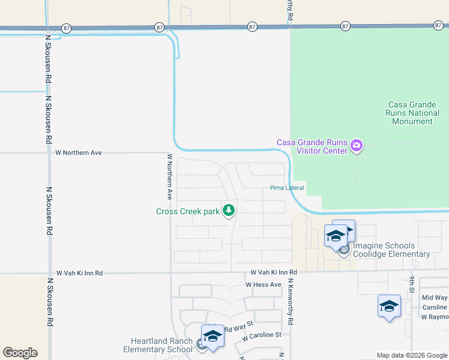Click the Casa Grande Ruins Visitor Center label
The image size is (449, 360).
[x=312, y=146]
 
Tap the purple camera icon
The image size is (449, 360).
[x=357, y=145]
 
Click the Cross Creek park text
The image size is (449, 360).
[x=188, y=211]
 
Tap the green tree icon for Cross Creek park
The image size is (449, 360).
[x=228, y=211]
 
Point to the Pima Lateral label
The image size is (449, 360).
[x=286, y=188]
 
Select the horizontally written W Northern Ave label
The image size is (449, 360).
[x=78, y=153]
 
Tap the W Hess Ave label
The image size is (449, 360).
[x=263, y=284]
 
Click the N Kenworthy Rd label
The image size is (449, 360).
[x=290, y=302]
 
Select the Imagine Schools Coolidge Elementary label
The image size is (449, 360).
[x=391, y=250]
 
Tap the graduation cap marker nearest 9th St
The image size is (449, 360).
[x=389, y=306]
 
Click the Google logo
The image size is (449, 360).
[x=20, y=353]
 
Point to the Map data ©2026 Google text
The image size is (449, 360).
[x=411, y=355]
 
